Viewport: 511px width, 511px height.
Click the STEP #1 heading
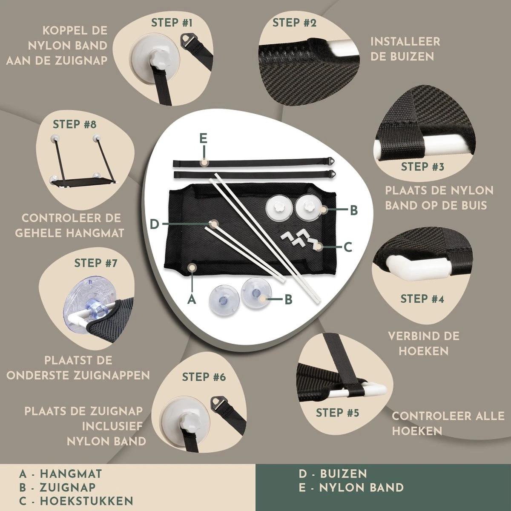[x=172, y=23]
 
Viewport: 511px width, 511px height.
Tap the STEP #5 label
[x=337, y=413]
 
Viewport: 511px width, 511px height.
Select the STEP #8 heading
[x=75, y=124]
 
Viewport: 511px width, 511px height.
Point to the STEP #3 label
[x=422, y=167]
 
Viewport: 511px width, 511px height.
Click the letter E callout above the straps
[x=203, y=139]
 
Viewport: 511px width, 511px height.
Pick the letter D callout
[x=154, y=224]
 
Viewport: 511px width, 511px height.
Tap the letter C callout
[x=347, y=247]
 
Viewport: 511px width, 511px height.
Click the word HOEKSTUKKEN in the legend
[x=86, y=501]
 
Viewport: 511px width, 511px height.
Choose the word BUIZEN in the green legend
[x=344, y=474]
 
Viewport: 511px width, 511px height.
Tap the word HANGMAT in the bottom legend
[x=71, y=474]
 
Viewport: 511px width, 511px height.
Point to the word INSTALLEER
[x=405, y=42]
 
